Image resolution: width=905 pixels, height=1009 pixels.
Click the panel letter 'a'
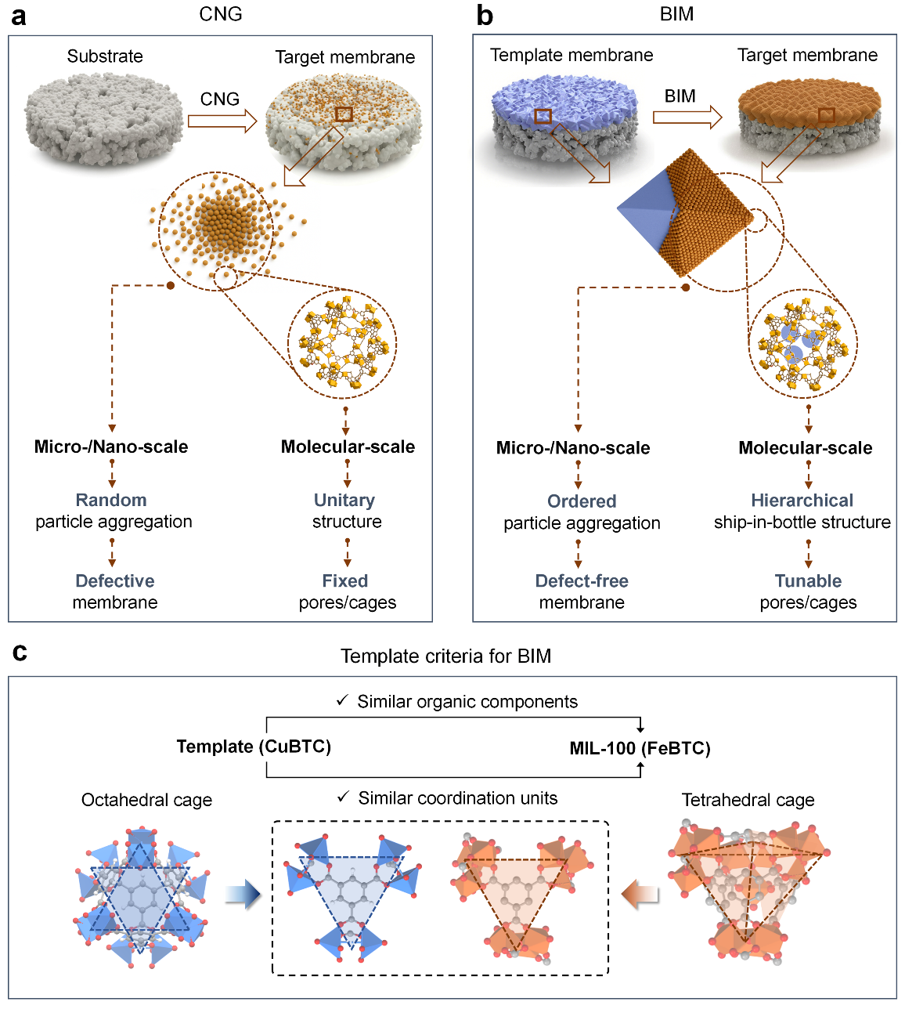(17, 16)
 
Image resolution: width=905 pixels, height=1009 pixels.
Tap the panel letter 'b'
(485, 16)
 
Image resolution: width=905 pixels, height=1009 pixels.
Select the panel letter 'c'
(20, 652)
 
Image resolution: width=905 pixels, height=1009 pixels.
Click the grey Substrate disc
(103, 118)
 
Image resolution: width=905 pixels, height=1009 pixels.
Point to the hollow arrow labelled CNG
(222, 121)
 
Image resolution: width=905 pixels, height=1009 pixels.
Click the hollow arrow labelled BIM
(687, 118)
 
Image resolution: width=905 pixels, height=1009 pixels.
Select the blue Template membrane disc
(562, 118)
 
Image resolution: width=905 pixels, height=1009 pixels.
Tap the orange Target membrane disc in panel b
(808, 118)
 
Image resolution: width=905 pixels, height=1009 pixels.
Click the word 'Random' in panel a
(111, 500)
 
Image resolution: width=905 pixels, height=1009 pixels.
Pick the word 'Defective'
(115, 581)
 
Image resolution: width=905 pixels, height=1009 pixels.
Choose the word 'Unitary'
(344, 500)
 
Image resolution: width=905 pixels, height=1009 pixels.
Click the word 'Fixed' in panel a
(345, 581)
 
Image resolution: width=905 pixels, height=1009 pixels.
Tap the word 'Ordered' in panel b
(582, 501)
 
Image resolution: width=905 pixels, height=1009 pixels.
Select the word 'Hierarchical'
(802, 501)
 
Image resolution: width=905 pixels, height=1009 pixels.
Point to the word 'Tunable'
(808, 581)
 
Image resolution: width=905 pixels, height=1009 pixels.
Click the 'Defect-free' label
(582, 581)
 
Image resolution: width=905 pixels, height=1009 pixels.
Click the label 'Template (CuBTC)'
(254, 747)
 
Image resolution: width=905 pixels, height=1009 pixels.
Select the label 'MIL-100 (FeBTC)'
(640, 748)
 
